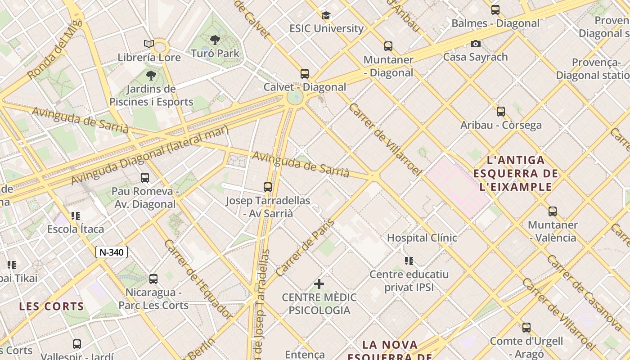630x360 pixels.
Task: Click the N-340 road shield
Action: [x=112, y=252]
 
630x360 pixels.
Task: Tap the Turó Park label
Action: [x=215, y=53]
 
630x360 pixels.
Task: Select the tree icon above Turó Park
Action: [x=215, y=40]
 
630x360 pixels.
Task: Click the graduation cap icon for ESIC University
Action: [x=326, y=15]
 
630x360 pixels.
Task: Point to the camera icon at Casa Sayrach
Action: [x=475, y=44]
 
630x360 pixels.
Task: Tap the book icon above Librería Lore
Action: [x=149, y=44]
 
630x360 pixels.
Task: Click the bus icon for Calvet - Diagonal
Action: [x=305, y=73]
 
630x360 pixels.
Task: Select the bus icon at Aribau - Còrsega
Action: [x=500, y=112]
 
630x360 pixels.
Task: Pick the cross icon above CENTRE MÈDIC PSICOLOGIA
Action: [x=319, y=284]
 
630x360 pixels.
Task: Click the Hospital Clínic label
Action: [x=422, y=238]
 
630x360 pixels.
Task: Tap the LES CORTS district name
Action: [x=51, y=306]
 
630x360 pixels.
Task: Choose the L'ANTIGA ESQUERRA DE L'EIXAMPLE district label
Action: [x=516, y=173]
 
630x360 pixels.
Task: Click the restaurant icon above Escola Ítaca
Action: [x=76, y=216]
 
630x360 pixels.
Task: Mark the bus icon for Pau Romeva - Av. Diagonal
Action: [x=144, y=178]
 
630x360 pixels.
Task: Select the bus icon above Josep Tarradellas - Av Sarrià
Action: [x=268, y=187]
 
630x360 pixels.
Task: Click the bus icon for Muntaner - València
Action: [x=552, y=211]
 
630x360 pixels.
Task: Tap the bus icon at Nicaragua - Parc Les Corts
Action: [x=153, y=279]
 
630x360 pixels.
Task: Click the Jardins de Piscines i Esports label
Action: [x=151, y=95]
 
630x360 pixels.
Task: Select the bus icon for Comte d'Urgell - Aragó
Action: [x=526, y=327]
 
